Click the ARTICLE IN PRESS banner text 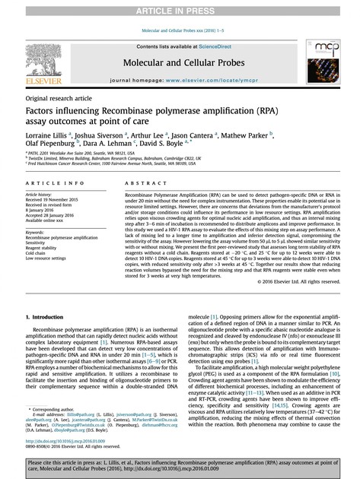coord(180,8)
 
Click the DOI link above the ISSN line coord(66,439)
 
